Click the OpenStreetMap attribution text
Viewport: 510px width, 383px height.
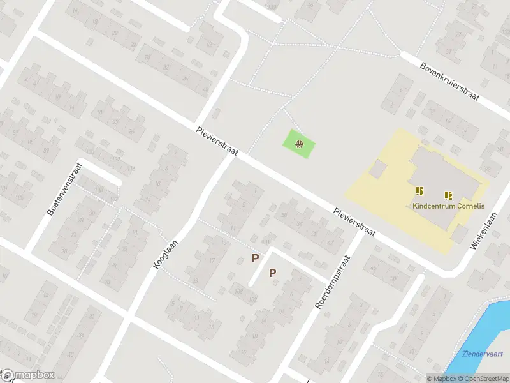pos(484,379)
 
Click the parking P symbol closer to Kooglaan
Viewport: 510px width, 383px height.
pos(255,258)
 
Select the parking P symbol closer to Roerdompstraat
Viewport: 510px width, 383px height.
pos(272,273)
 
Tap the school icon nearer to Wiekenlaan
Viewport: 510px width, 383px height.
pos(448,195)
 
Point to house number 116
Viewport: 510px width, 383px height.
pos(131,169)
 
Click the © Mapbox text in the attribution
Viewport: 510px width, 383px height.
pos(441,379)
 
